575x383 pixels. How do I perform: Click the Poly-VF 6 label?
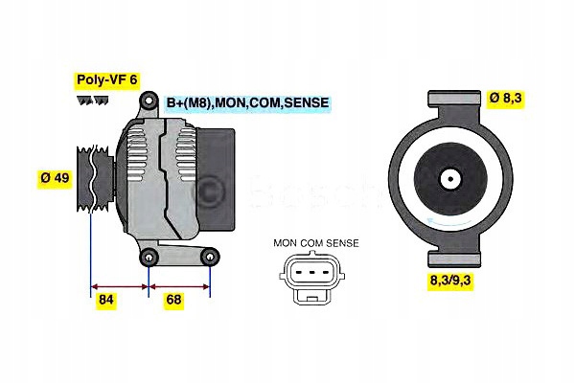[x=105, y=80]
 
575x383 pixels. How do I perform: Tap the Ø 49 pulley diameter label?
[x=55, y=179]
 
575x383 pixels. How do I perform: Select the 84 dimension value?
[x=107, y=301]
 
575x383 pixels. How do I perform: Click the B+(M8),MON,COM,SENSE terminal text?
[x=246, y=102]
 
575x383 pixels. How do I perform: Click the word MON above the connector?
[x=284, y=243]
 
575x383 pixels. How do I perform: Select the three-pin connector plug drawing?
[x=309, y=277]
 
